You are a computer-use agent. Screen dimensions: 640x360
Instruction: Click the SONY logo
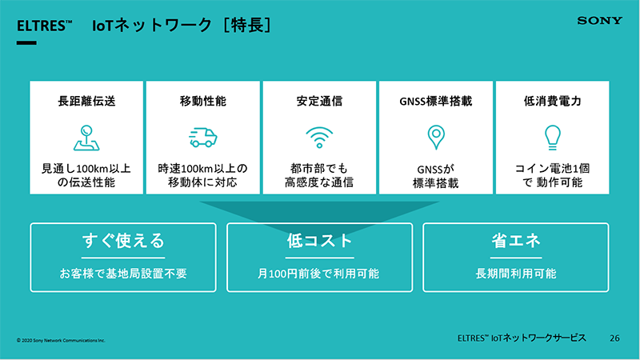point(599,21)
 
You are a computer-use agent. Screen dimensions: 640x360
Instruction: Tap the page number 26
point(614,338)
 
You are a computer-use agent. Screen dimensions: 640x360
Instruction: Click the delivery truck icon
point(203,137)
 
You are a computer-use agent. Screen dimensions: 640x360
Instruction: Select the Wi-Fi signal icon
point(319,137)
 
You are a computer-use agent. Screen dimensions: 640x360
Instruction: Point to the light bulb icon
point(552,137)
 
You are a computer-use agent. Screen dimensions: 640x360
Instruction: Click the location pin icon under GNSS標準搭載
point(436,137)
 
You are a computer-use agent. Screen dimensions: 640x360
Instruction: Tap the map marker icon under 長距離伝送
point(86,138)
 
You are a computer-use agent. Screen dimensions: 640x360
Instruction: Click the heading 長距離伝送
point(86,101)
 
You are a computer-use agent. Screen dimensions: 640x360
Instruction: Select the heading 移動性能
point(203,101)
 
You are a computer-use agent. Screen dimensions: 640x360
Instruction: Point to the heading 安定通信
point(319,101)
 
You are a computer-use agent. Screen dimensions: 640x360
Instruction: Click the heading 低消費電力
point(552,101)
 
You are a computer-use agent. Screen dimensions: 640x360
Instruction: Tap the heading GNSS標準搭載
point(436,101)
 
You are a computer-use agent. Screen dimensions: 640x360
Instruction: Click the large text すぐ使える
point(123,241)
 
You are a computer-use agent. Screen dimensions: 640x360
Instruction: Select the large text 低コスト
point(319,241)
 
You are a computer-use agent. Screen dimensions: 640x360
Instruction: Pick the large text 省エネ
point(516,241)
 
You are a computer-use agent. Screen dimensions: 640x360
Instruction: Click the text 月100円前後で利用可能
point(318,273)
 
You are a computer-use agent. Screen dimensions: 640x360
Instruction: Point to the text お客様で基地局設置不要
point(123,273)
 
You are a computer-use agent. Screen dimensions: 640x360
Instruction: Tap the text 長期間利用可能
point(516,273)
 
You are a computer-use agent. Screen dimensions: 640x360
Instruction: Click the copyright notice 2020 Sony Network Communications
point(61,340)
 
